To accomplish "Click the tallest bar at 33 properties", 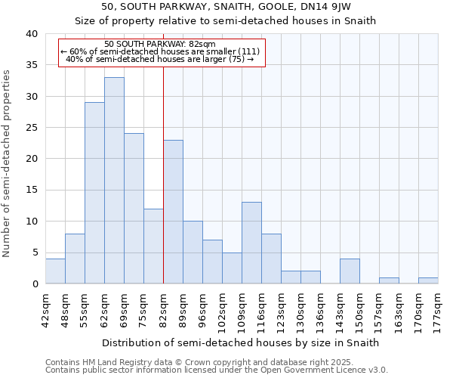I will (x=114, y=181).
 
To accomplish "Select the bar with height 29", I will (x=94, y=193).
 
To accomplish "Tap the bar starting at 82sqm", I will (x=173, y=212).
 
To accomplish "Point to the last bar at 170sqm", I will (x=428, y=280).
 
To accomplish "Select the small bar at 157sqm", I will (x=389, y=280).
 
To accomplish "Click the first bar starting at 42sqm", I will (x=55, y=271).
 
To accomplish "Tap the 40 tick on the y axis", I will (x=32, y=34).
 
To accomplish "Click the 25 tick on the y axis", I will (x=32, y=128).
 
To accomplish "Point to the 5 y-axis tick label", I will (x=35, y=253).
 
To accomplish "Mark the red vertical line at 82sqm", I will (x=163, y=174).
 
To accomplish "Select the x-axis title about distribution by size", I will (x=240, y=342).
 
